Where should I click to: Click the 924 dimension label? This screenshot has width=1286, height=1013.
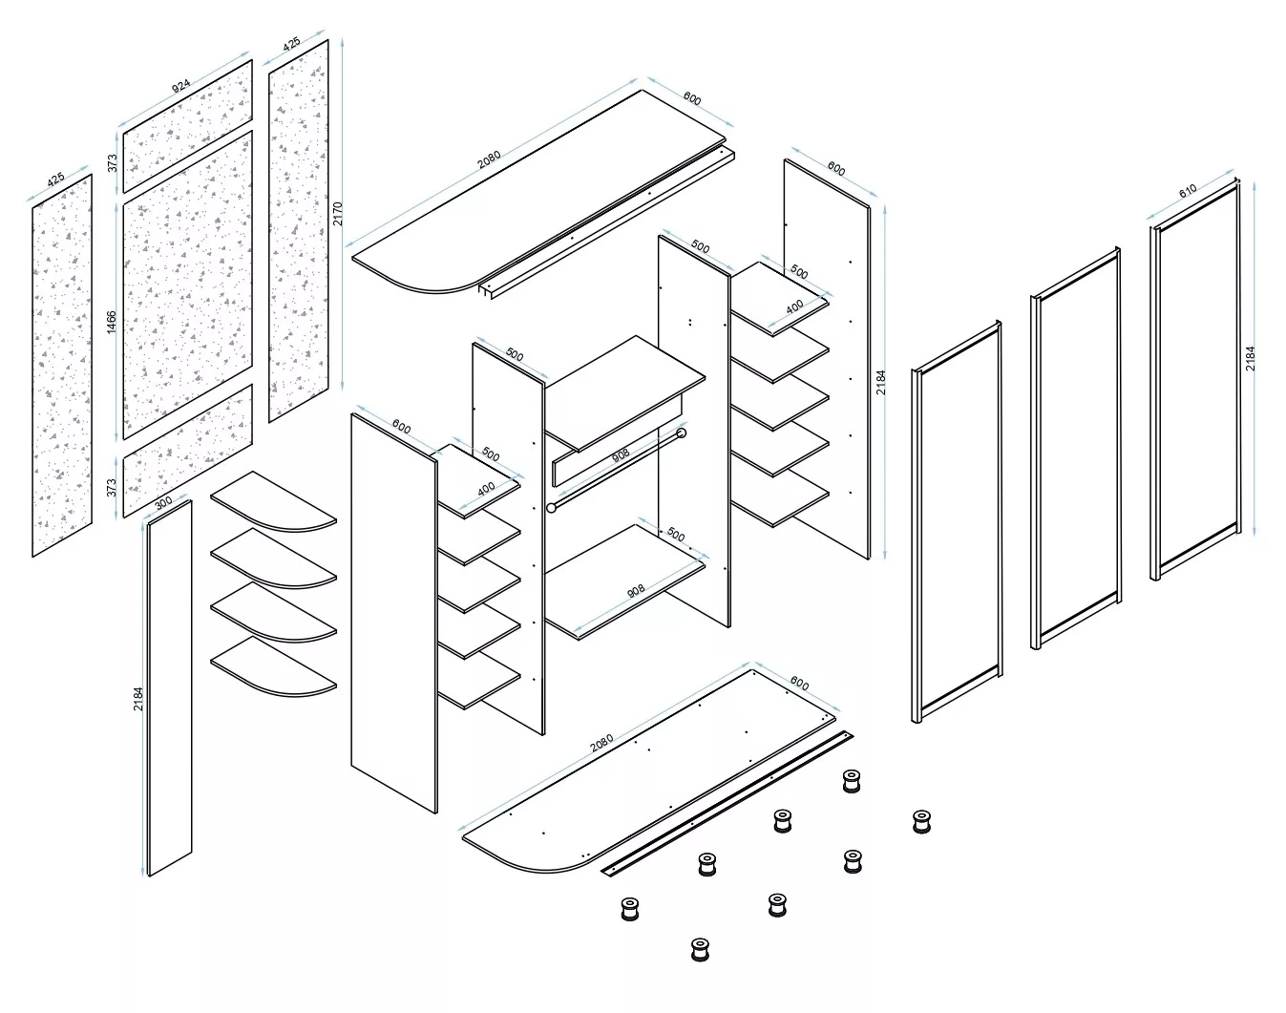tap(180, 86)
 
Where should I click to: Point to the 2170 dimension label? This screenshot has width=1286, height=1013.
tap(338, 213)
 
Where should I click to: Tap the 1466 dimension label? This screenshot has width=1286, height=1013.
tap(111, 322)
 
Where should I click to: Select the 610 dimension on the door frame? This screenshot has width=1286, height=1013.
tap(1188, 191)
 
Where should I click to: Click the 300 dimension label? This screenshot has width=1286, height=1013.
tap(163, 502)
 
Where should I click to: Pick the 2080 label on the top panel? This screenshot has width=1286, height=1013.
tap(489, 159)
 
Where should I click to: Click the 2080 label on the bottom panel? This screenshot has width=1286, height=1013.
tap(601, 743)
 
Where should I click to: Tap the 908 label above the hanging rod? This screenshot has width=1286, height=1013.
tap(621, 455)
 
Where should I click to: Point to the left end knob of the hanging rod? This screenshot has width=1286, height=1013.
tap(551, 508)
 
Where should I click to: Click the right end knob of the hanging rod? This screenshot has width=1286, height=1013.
tap(681, 433)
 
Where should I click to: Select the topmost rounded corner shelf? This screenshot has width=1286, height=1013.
tap(274, 501)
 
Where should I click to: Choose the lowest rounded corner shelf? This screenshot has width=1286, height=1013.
tap(274, 666)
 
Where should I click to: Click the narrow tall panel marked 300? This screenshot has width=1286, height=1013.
tap(170, 688)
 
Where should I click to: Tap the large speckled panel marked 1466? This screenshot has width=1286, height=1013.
tap(188, 285)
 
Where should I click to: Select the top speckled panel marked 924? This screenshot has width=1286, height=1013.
tap(188, 126)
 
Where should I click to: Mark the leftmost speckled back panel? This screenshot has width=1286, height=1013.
tap(62, 365)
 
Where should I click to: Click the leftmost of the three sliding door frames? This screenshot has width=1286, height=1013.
tap(957, 521)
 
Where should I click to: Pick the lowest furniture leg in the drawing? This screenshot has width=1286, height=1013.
tap(700, 950)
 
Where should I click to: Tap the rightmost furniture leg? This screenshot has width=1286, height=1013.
tap(921, 822)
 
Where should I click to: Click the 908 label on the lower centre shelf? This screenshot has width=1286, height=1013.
tap(636, 590)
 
